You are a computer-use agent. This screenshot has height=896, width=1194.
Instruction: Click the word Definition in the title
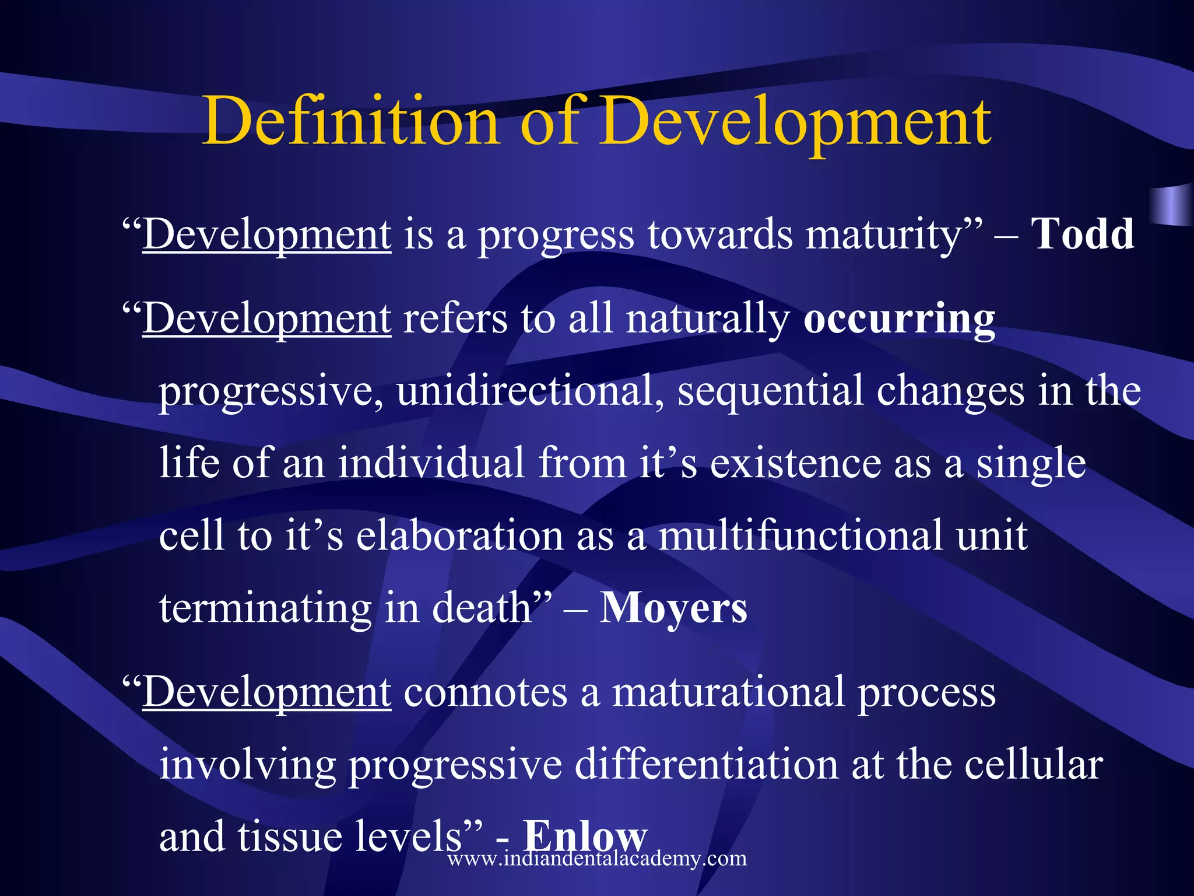tap(350, 121)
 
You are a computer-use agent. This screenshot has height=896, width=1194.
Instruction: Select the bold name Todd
tap(1083, 234)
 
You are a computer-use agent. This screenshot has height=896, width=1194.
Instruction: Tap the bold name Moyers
tap(673, 608)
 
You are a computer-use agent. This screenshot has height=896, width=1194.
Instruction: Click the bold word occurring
tap(899, 319)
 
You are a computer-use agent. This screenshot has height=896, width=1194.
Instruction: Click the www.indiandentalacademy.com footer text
tap(597, 858)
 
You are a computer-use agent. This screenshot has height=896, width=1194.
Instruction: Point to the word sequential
tap(770, 390)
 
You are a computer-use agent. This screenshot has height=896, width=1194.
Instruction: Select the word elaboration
tap(459, 535)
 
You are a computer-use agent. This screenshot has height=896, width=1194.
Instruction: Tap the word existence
tap(795, 463)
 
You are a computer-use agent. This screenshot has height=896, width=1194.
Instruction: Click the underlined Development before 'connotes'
tap(267, 692)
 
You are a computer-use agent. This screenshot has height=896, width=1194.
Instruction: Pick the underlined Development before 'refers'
tap(267, 319)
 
